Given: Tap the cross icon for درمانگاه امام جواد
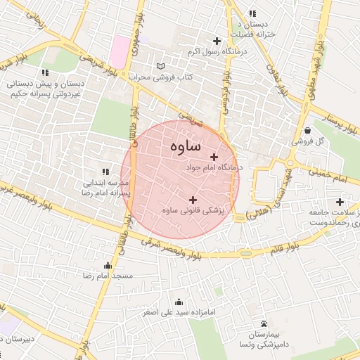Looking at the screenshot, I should click(214, 157).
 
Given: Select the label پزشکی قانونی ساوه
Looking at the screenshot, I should click(192, 210).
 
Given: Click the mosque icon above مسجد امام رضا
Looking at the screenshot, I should click(107, 265).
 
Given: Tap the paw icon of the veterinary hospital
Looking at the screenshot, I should click(264, 323).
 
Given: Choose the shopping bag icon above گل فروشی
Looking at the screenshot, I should click(309, 129).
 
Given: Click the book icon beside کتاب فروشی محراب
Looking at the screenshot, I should click(161, 65).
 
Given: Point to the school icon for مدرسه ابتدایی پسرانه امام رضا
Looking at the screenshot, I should click(106, 171).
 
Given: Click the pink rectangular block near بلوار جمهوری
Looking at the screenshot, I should click(120, 48).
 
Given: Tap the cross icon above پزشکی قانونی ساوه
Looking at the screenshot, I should click(193, 200).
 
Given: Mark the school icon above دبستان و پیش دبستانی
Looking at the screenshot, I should click(45, 72).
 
